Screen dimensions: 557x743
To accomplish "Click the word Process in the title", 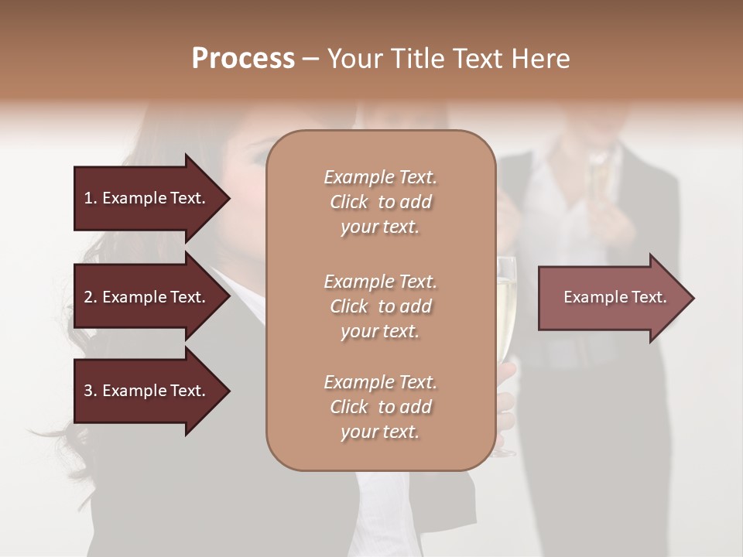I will coord(243,59).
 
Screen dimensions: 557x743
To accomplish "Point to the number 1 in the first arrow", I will coord(88,198).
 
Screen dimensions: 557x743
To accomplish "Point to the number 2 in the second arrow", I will coord(88,297).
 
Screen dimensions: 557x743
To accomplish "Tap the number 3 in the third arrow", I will coord(88,391).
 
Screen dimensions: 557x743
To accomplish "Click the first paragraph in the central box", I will coord(380,202).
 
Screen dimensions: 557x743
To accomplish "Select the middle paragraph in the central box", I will coord(380,306).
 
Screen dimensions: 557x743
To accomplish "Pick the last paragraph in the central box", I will coord(380,407).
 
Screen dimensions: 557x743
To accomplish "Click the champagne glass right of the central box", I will coord(505,309).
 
